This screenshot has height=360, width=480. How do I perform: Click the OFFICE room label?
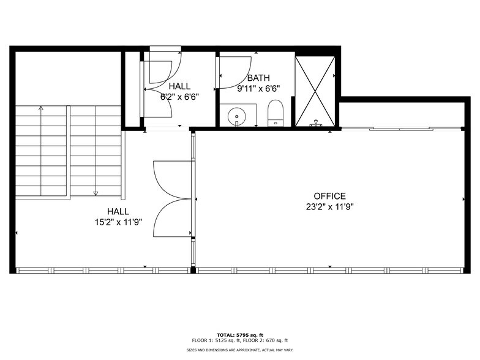coord(331,196)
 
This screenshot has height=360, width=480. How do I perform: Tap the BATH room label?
coord(258,78)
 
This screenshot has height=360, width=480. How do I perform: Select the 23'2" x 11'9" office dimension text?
coord(331,206)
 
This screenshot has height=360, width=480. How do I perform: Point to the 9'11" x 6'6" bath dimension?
coord(258,88)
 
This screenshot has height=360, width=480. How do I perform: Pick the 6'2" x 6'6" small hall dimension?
coord(179,96)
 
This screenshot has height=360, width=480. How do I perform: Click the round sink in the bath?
coord(236,114)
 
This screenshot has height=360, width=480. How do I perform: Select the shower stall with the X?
coord(315,91)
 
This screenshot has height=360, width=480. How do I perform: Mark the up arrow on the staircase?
coord(41,108)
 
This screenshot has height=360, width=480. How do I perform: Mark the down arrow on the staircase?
coord(96,193)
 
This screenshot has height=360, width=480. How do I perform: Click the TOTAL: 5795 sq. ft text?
coord(239,334)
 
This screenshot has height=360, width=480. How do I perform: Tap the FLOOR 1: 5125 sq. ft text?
coord(213,340)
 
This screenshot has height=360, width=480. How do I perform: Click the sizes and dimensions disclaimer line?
coord(239,350)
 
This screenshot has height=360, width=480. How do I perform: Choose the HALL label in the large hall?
coord(118,212)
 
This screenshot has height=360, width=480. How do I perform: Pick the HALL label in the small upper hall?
coord(180,86)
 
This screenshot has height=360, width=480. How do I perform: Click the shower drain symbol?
coord(316,122)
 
